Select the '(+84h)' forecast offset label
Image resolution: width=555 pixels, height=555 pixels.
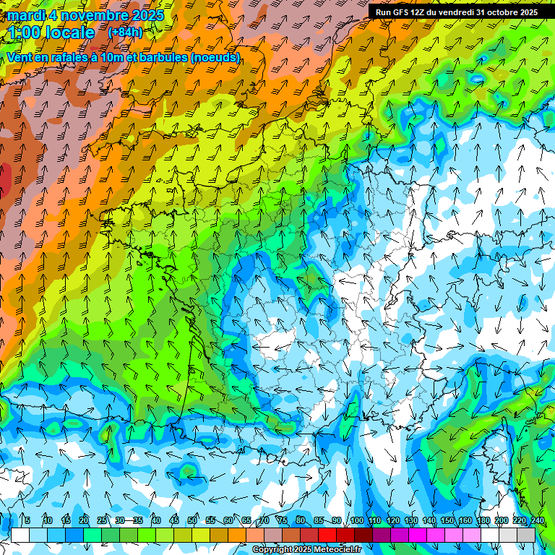125,33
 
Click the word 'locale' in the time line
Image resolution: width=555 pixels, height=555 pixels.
70,33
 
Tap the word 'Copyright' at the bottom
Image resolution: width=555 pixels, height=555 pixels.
272,550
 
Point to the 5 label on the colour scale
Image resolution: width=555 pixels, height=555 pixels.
27,521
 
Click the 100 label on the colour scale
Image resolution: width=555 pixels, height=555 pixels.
356,521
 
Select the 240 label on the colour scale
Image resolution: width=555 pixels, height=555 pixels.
537,521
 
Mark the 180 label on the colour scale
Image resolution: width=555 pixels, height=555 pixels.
483,521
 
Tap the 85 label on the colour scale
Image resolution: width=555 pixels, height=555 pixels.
319,521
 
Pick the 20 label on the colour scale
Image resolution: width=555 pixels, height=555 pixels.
84,521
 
